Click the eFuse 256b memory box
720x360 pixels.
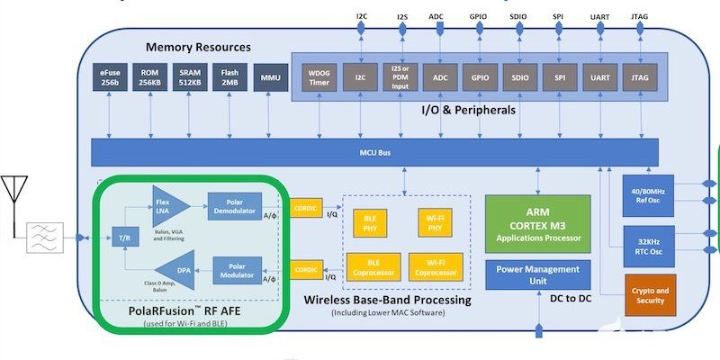click(112, 78)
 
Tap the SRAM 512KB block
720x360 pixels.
click(191, 78)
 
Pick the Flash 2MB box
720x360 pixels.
click(230, 78)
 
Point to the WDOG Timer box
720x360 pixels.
click(319, 78)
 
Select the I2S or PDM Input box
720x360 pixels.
click(400, 78)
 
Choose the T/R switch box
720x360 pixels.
click(124, 238)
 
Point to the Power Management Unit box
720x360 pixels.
click(537, 274)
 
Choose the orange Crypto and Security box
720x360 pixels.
click(649, 294)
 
